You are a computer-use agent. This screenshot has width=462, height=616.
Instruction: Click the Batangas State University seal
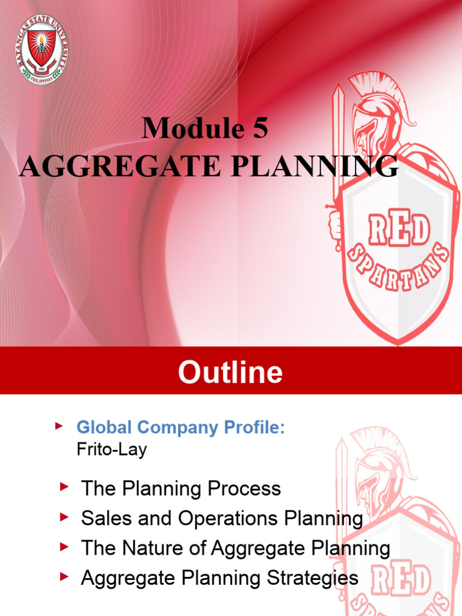(x=42, y=49)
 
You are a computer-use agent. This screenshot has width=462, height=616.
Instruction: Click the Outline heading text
(x=230, y=372)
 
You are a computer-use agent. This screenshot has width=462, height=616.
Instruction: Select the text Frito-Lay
(x=111, y=449)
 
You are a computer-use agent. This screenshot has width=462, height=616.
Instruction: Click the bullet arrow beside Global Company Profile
(x=58, y=427)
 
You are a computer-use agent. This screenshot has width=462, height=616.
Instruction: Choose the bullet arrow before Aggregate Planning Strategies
(x=63, y=576)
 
